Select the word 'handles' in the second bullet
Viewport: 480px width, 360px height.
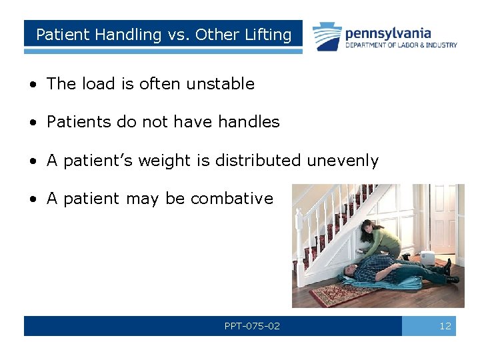coord(251,122)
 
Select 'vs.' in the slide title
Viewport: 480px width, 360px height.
coord(175,35)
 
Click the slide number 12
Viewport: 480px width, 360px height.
coord(445,326)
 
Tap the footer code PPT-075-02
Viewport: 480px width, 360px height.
coord(252,326)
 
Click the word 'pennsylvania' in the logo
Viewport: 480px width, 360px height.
coord(388,33)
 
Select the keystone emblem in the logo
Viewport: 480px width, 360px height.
coord(327,37)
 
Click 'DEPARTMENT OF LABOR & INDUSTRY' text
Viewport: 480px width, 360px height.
coord(401,45)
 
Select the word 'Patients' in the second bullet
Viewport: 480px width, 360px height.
coord(74,122)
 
